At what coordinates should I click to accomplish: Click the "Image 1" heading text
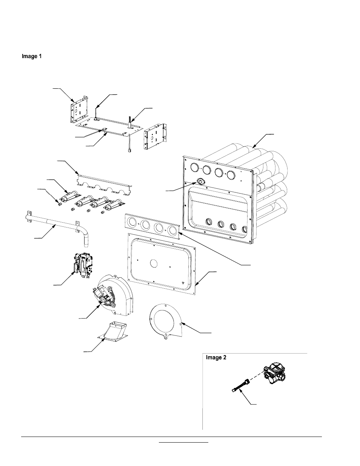31,57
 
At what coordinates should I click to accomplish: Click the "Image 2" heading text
216,358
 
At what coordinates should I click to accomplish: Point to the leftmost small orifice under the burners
59,205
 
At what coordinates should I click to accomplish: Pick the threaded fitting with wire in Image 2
240,386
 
